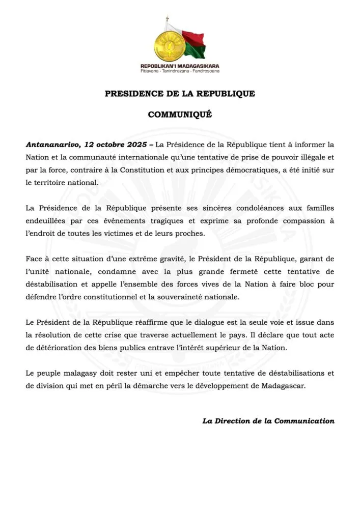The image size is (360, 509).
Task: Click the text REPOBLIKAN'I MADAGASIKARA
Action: tap(180, 66)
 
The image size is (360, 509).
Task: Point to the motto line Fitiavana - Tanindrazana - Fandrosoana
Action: tap(180, 71)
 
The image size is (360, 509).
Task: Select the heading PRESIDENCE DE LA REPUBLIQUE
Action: tap(180, 94)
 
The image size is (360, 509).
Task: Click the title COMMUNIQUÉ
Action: tap(180, 115)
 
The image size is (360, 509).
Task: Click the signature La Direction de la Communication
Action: tap(268, 421)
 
